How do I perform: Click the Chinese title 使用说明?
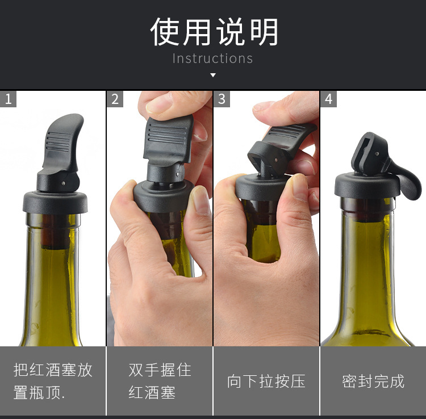214,32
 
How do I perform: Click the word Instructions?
212,58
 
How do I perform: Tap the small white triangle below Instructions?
213,75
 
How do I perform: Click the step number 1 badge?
8,99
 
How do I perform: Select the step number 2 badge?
115,99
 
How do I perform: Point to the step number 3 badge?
222,99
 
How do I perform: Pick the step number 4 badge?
328,99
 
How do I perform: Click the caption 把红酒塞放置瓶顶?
53,381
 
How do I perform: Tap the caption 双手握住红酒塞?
160,381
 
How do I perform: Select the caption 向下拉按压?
266,381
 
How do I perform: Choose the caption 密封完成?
373,381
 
